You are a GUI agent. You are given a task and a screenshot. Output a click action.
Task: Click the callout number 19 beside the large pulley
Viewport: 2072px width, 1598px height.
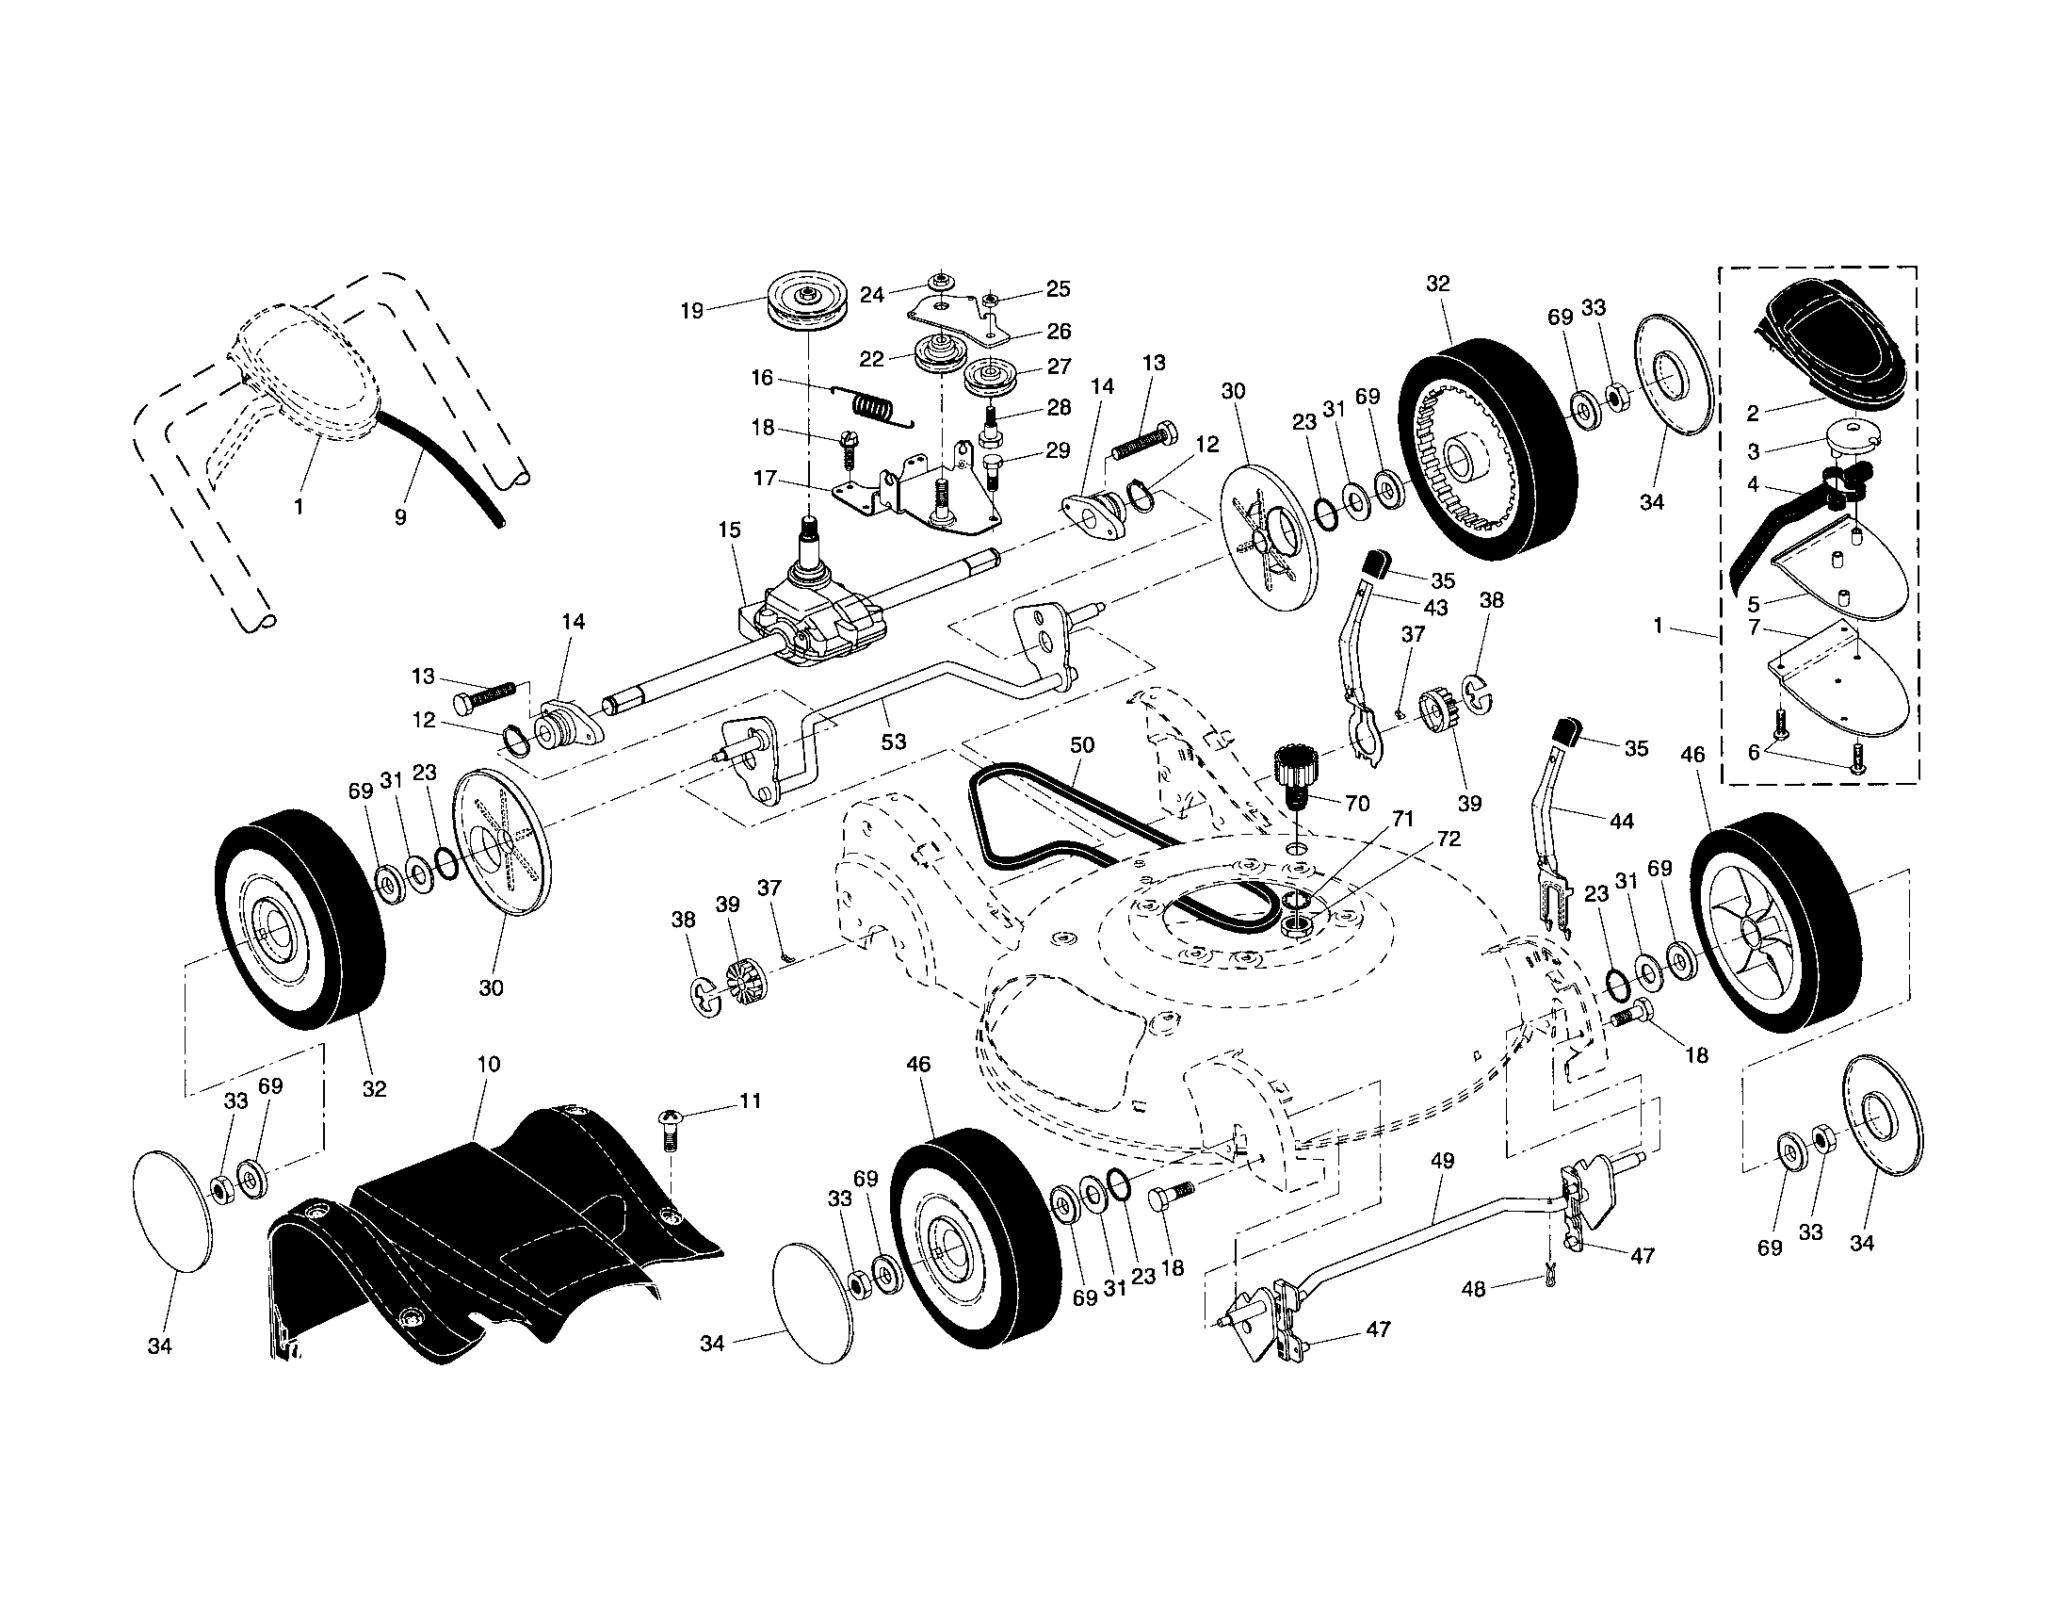click(x=691, y=310)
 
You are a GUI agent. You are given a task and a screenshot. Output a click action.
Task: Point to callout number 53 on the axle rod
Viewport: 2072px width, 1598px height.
click(x=893, y=742)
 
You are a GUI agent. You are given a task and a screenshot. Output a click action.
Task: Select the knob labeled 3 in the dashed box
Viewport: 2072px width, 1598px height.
click(x=1850, y=444)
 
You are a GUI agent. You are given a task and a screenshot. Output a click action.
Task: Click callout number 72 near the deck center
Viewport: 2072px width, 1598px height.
click(x=1449, y=839)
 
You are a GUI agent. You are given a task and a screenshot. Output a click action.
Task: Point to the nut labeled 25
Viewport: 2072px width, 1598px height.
click(x=989, y=300)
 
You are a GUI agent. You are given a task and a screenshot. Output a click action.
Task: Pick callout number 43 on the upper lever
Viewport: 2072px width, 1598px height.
click(x=1435, y=608)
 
